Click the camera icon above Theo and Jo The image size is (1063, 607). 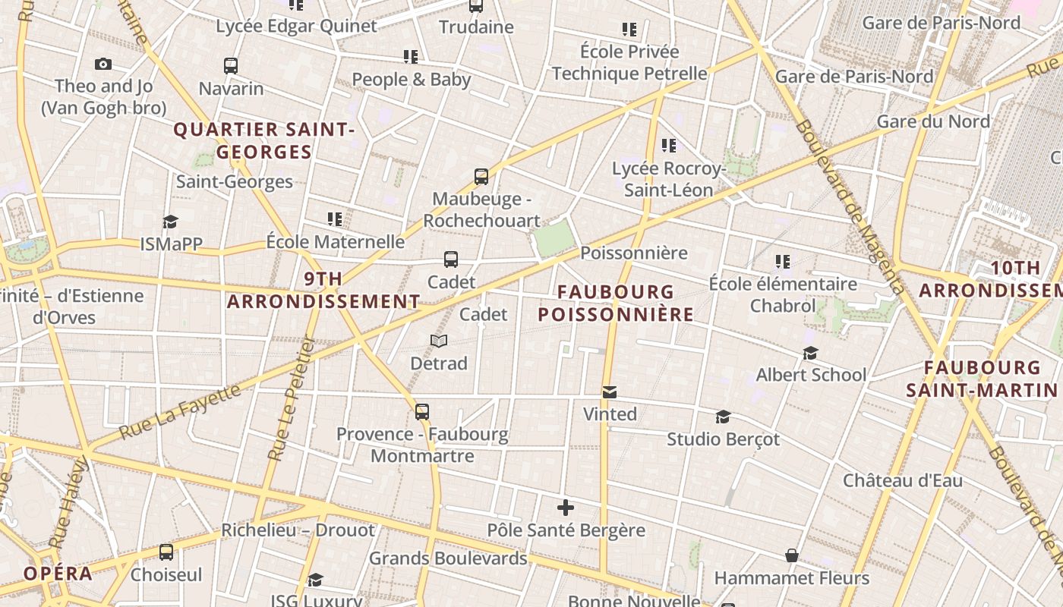tap(103, 64)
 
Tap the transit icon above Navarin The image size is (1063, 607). tap(231, 66)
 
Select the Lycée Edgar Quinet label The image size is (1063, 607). tap(296, 26)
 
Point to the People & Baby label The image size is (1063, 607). tap(411, 79)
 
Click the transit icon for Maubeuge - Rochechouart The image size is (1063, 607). tap(481, 177)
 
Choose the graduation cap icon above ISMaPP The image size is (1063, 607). tap(170, 222)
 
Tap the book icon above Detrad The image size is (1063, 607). tap(439, 341)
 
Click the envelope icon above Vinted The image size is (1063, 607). tap(609, 392)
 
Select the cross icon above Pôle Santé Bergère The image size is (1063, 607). tap(565, 508)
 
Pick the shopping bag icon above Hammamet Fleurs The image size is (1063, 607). tap(792, 556)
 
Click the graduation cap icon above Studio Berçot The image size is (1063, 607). tap(723, 417)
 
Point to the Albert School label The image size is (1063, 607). tap(811, 375)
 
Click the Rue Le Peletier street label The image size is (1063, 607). tap(291, 398)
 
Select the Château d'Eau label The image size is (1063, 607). tap(903, 480)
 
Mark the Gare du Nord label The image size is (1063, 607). tap(933, 121)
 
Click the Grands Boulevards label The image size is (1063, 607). tap(448, 558)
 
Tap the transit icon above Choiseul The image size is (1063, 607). tap(166, 552)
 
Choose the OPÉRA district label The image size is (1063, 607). tap(58, 574)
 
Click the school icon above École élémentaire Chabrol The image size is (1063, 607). tap(783, 262)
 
